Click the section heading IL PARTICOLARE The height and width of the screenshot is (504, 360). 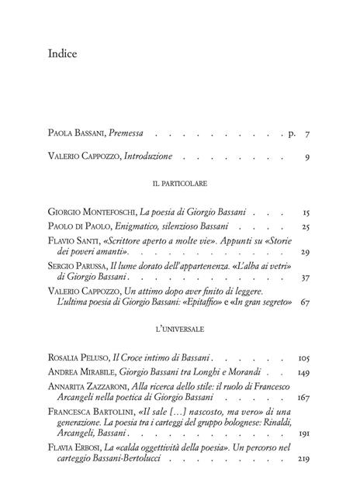pyautogui.click(x=179, y=186)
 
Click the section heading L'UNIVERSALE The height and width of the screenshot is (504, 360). pyautogui.click(x=179, y=329)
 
